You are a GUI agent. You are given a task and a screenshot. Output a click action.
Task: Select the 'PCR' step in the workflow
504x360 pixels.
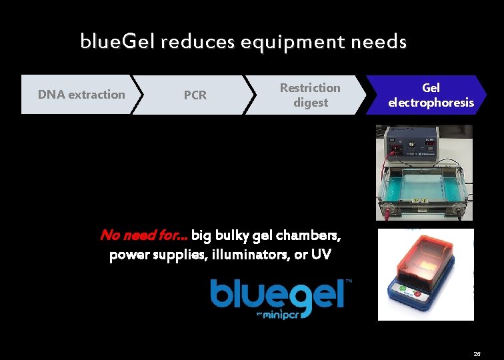click(195, 95)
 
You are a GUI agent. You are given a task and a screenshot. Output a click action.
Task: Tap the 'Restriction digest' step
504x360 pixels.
click(309, 95)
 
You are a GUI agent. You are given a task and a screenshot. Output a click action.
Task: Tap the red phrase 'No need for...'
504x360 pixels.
click(143, 235)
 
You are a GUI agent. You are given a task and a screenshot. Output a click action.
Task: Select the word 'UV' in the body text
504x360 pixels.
click(318, 255)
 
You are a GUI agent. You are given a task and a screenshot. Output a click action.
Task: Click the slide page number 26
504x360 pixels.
click(477, 354)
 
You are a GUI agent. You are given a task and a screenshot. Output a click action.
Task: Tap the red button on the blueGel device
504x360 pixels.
click(418, 293)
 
